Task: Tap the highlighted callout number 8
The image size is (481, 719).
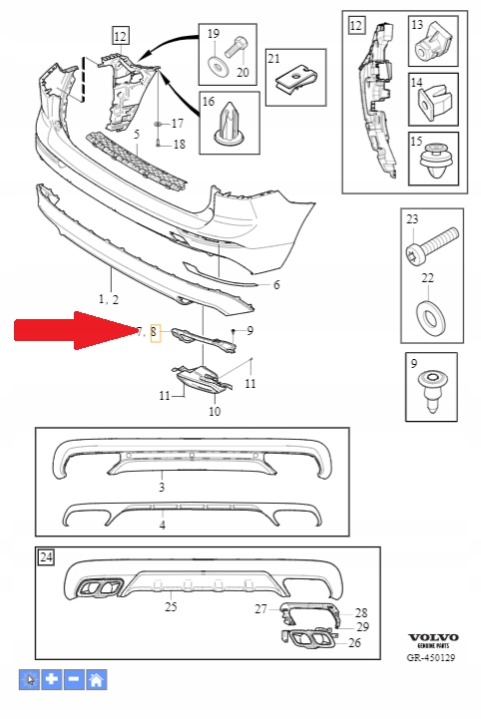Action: pos(154,332)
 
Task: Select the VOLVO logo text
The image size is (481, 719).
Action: pos(434,637)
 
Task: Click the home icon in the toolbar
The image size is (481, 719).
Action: pos(97,680)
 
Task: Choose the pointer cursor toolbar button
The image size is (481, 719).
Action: pos(30,680)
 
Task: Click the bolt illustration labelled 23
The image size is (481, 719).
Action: pos(432,243)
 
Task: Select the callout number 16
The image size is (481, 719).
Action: pos(210,102)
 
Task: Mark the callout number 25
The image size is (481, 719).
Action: pos(171,606)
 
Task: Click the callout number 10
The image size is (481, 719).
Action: pos(214,411)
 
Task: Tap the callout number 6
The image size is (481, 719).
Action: pos(276,285)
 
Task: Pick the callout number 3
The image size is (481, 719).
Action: pos(162,488)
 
